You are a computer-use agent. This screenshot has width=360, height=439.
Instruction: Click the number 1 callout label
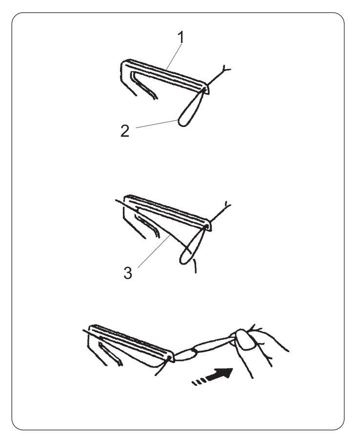[x=181, y=38]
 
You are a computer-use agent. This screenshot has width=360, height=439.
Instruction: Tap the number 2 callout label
[x=125, y=131]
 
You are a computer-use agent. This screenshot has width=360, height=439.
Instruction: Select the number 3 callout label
[x=128, y=272]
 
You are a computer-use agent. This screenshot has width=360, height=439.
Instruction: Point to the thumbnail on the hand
[x=245, y=339]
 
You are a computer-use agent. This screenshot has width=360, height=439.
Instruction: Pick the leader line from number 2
[x=157, y=124]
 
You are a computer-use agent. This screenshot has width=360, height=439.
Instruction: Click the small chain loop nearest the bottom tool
[x=184, y=355]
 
